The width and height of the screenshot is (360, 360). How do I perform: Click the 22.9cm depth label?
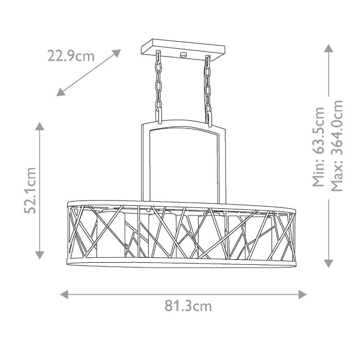(71, 56)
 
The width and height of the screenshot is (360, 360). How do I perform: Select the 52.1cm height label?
(30, 191)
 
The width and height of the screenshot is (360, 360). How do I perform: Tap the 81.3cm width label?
(188, 306)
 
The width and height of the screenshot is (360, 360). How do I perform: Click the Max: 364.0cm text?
(336, 146)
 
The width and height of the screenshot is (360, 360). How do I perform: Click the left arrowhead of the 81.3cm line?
(64, 294)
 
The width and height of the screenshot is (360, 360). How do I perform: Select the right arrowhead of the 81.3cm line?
(302, 294)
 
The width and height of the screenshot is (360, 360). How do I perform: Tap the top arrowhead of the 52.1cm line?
(40, 127)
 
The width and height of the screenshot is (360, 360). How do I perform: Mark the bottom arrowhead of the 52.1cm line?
(40, 255)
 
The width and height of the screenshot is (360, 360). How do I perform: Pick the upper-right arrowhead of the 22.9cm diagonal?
(117, 53)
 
